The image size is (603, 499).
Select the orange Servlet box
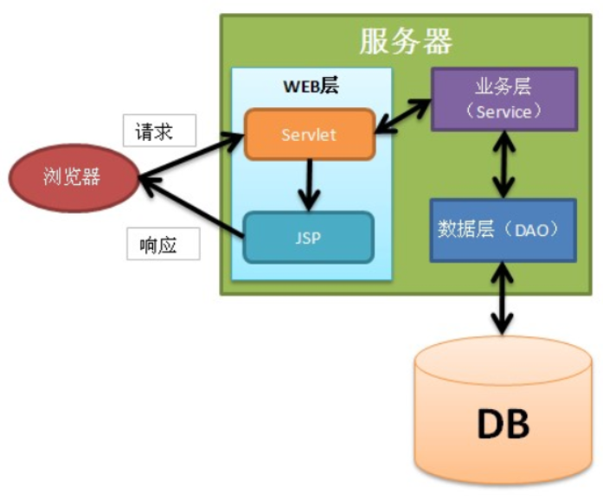[x=309, y=134]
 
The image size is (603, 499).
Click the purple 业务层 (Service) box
[x=504, y=99]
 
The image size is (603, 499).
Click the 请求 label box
[x=159, y=131]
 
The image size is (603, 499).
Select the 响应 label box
[x=163, y=245]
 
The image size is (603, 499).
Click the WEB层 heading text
[x=311, y=86]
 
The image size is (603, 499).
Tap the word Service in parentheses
[x=504, y=112]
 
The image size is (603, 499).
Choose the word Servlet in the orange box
[x=309, y=135]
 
